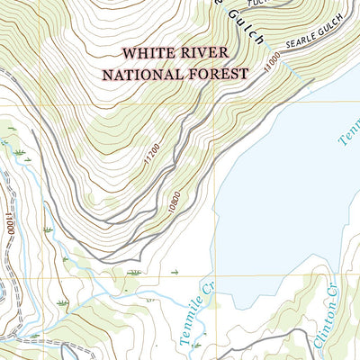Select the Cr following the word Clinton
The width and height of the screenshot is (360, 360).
[x=330, y=292]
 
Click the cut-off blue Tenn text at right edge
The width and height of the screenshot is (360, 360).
[x=348, y=133]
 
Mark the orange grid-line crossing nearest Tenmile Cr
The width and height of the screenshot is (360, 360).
[x=217, y=277]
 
